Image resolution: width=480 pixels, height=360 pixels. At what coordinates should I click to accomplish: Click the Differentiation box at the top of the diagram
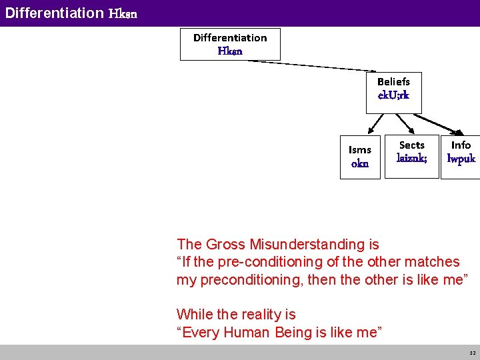(x=230, y=44)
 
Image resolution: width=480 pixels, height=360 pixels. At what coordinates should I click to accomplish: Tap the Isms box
(x=360, y=157)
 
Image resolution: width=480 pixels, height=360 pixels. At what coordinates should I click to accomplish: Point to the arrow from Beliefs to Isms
(x=377, y=123)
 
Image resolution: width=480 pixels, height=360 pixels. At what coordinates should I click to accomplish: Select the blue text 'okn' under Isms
(x=360, y=164)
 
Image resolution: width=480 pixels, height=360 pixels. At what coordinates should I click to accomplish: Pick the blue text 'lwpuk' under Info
(x=461, y=159)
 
